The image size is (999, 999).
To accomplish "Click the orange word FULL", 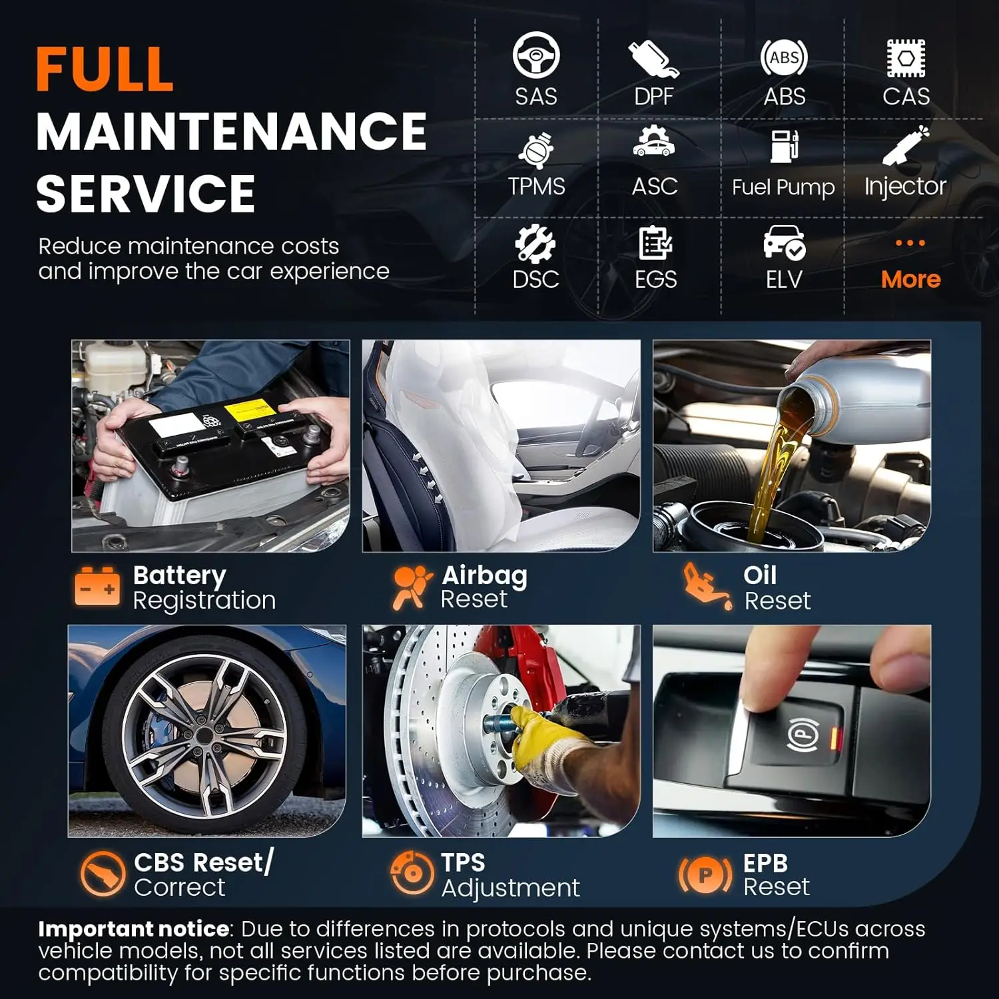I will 105,69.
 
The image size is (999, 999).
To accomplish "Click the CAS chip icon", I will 906,58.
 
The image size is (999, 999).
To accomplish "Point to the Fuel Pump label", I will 783,187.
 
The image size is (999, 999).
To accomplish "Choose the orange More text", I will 910,279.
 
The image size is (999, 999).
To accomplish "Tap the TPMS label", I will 536,186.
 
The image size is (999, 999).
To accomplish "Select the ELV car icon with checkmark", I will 784,242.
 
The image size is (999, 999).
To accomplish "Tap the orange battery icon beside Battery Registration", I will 97,586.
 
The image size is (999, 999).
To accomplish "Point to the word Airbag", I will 484,575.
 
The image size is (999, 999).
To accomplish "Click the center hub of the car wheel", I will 203,733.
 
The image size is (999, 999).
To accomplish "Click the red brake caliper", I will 533,666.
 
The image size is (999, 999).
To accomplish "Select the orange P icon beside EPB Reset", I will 705,874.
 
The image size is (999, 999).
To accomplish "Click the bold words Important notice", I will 133,928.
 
